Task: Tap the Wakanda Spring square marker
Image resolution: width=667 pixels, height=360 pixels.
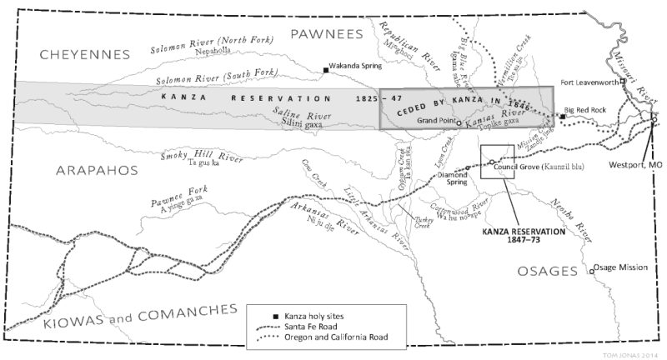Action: [327, 70]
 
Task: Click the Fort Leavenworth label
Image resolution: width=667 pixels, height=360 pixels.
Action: [591, 82]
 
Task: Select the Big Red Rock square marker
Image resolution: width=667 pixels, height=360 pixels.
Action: [563, 117]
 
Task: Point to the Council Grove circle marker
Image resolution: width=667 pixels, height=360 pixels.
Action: [492, 162]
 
